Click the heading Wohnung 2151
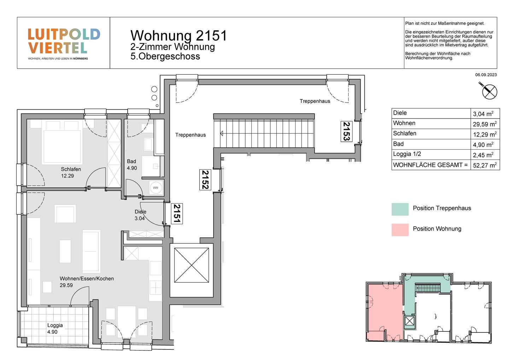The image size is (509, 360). (179, 36)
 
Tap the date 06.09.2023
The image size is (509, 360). (486, 75)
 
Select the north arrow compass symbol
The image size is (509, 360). (489, 91)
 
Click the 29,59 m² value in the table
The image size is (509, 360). (485, 124)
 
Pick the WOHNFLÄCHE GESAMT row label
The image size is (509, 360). (430, 165)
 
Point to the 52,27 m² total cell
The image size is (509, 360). (485, 165)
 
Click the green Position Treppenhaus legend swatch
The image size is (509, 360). (400, 209)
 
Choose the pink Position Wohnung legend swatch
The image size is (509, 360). (400, 230)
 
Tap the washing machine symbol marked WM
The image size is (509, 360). (156, 188)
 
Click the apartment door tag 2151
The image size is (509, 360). (176, 213)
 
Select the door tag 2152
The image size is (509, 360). (205, 180)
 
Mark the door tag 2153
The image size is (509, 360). (346, 131)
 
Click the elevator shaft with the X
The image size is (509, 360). (192, 265)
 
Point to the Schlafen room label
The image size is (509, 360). (71, 169)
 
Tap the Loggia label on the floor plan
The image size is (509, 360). (55, 325)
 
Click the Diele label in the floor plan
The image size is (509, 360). (140, 212)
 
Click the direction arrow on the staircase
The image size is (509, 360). (222, 134)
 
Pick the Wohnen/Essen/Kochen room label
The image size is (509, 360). (87, 279)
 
